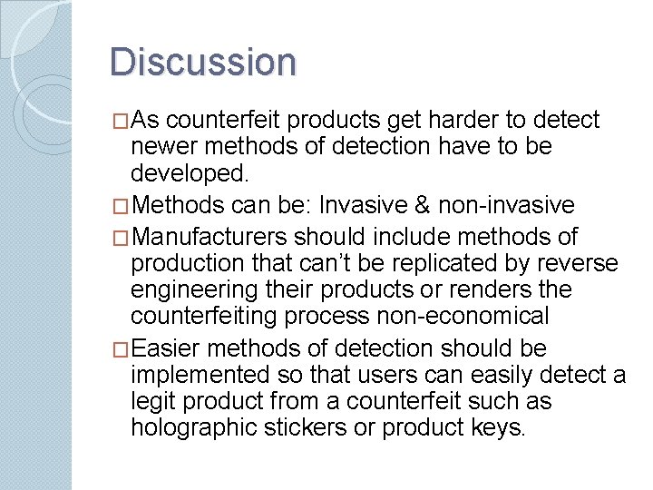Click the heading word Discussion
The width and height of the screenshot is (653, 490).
click(x=202, y=63)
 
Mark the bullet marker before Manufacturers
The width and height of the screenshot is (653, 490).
click(x=120, y=238)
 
